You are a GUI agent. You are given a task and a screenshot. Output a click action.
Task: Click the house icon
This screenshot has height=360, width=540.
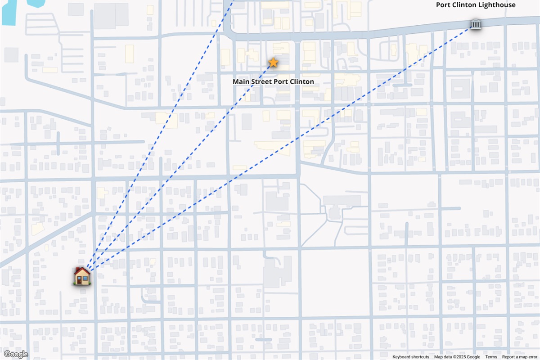(x=82, y=275)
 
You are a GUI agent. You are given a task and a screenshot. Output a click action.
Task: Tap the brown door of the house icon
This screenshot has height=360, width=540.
(x=80, y=279)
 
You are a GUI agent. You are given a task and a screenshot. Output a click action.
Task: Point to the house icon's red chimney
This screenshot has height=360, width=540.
(x=87, y=270)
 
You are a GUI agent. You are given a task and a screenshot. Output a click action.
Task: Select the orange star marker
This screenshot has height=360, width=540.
(x=273, y=62)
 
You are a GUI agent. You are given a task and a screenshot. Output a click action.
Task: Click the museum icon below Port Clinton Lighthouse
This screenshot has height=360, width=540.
(x=475, y=24)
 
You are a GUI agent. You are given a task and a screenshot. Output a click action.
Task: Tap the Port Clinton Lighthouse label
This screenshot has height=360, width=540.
(x=476, y=5)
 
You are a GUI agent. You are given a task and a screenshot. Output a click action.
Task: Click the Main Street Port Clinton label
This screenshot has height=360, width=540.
(x=273, y=82)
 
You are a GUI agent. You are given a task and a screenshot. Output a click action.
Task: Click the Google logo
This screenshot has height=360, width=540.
(x=16, y=355)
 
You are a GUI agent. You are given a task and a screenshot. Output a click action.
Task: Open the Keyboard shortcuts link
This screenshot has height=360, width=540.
(x=411, y=357)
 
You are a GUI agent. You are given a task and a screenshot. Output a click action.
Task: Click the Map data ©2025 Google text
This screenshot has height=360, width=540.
(x=457, y=357)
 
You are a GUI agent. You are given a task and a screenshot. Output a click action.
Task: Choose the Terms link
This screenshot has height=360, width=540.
(x=491, y=357)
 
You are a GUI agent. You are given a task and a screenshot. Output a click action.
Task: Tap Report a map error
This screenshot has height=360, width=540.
(x=520, y=357)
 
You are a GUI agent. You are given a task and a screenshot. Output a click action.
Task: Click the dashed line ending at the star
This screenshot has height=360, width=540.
(x=180, y=166)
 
